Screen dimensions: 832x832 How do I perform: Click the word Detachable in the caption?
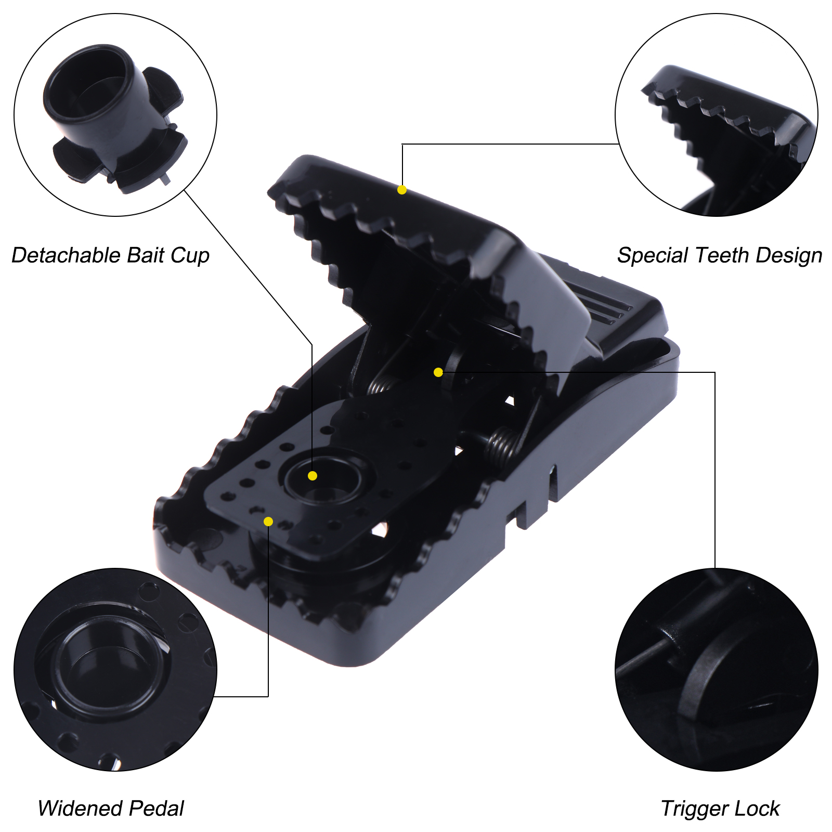tap(66, 255)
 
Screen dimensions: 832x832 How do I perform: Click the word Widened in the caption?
tap(80, 809)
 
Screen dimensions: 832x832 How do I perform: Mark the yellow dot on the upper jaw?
tap(402, 190)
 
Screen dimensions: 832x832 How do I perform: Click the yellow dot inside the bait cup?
tap(313, 476)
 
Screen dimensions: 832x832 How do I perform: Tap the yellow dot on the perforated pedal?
tap(268, 522)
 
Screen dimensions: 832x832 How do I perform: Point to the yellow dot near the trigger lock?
tap(438, 372)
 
